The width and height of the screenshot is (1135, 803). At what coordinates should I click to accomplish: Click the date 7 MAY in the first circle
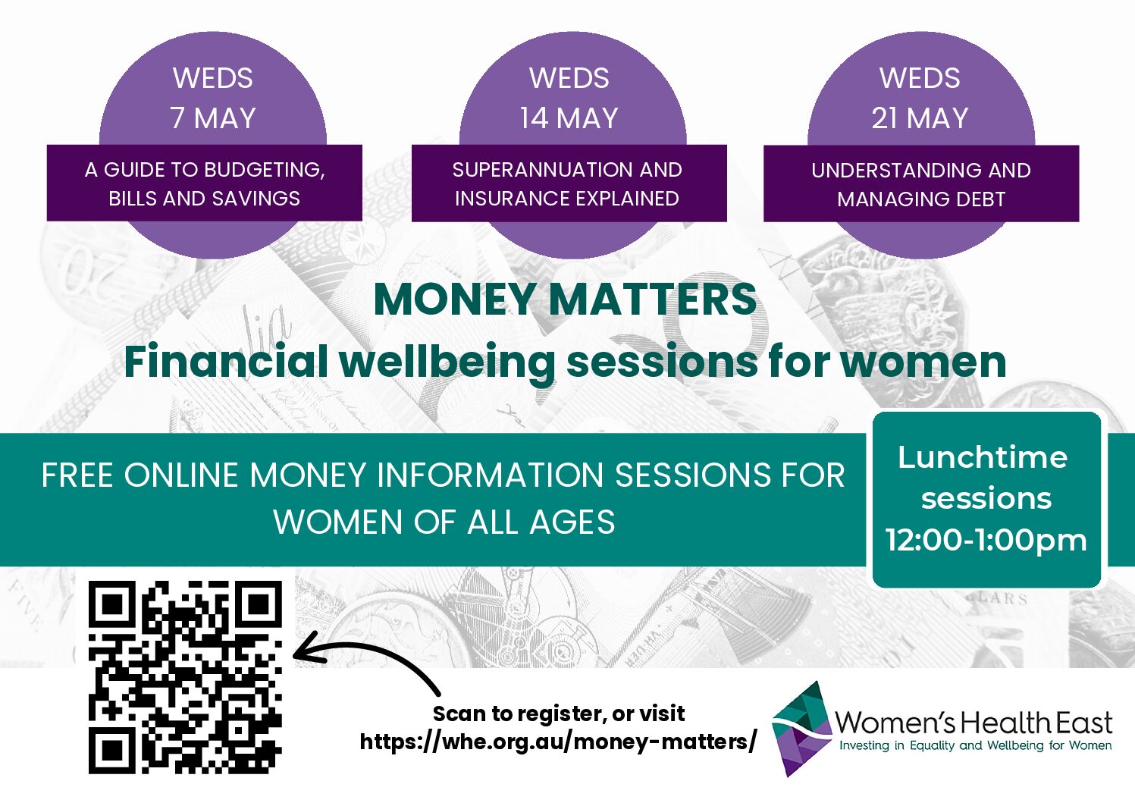(213, 118)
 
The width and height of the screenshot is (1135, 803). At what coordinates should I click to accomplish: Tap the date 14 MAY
(569, 118)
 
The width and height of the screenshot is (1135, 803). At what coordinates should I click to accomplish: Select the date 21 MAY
(920, 118)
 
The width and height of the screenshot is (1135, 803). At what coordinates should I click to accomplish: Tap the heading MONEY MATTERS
(565, 300)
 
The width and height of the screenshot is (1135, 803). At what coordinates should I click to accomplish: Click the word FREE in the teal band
(77, 475)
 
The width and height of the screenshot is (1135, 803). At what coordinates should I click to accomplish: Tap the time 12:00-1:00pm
(986, 541)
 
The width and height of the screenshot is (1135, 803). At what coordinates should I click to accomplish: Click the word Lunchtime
(983, 457)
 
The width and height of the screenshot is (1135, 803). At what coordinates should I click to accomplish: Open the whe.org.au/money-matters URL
(558, 742)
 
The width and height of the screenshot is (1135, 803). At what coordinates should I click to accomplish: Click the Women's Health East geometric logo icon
(802, 729)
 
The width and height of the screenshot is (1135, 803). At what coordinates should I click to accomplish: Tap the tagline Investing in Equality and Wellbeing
(975, 746)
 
